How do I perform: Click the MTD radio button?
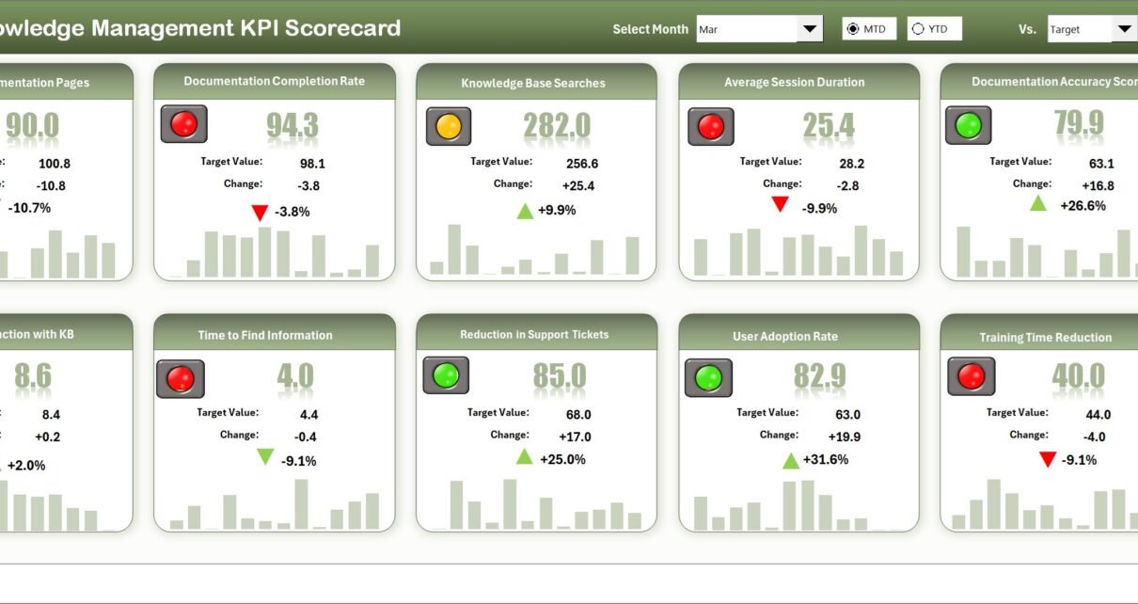point(852,29)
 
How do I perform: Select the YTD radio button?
point(918,29)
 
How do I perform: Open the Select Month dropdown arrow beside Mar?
point(810,29)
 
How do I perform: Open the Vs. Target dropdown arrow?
point(1124,29)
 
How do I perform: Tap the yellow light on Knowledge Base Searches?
point(449,126)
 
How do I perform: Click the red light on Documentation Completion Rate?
point(183,124)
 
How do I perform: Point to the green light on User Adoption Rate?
point(708,378)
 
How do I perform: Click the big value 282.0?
point(557,125)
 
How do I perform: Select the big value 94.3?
point(292,124)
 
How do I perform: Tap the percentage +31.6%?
point(828,459)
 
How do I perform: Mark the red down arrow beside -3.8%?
point(260,213)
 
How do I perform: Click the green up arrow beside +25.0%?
point(524,457)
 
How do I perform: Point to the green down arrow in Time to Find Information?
point(265,457)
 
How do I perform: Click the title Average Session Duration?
point(794,83)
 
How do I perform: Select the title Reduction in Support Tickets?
point(534,335)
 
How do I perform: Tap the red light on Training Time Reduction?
point(971,377)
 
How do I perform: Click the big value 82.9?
point(819,376)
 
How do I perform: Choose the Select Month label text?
point(650,29)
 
